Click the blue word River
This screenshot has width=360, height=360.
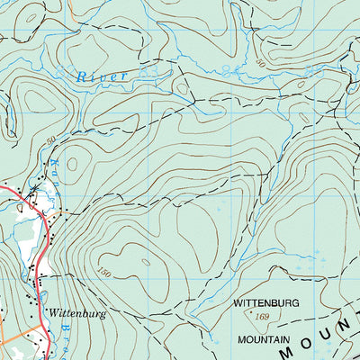(x=102, y=77)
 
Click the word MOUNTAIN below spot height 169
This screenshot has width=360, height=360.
(x=264, y=340)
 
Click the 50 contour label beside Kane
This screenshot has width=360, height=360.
(x=50, y=140)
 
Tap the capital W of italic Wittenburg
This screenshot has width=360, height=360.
(x=53, y=314)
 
